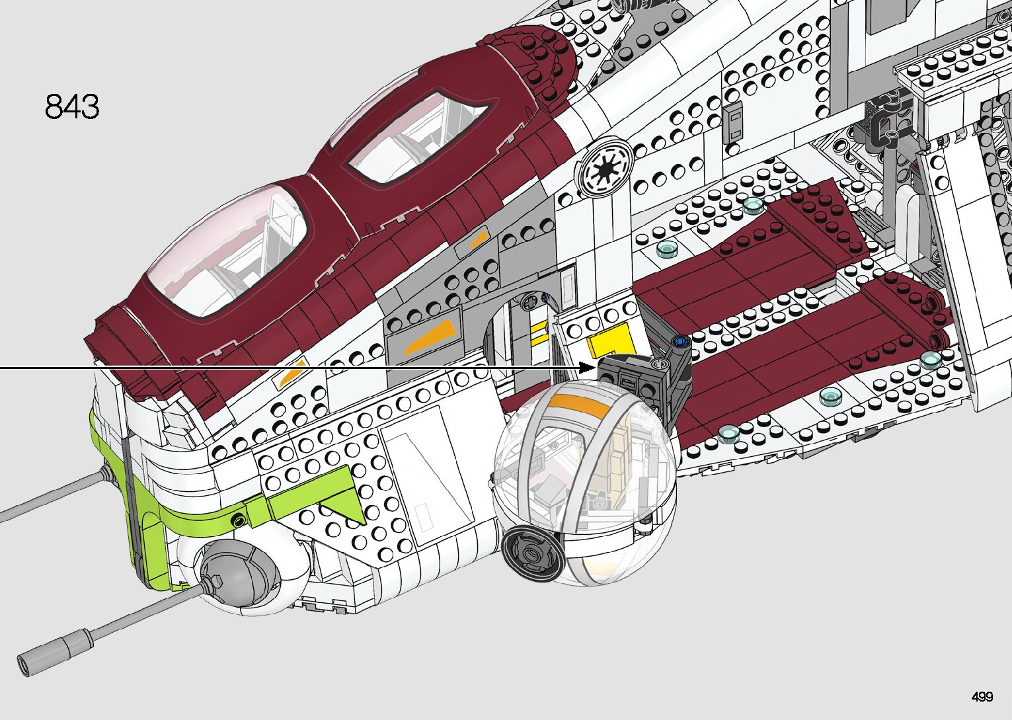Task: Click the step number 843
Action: point(72,107)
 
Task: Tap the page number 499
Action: point(982,697)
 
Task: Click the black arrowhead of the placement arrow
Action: point(588,368)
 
